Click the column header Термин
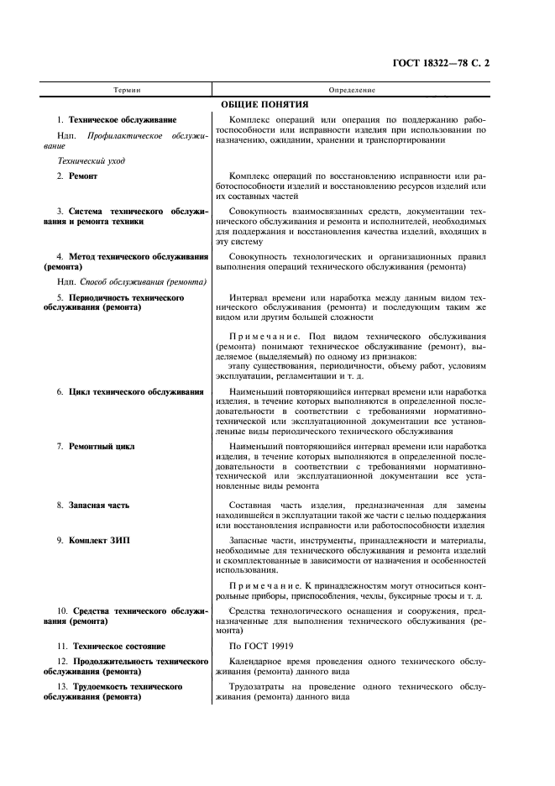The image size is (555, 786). pyautogui.click(x=127, y=90)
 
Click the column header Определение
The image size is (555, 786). pyautogui.click(x=352, y=90)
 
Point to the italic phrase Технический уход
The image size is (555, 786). pyautogui.click(x=91, y=160)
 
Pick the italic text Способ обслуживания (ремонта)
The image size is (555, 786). pyautogui.click(x=132, y=281)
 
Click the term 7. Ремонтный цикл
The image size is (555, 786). pyautogui.click(x=96, y=446)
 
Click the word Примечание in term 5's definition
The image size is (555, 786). pyautogui.click(x=262, y=335)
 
